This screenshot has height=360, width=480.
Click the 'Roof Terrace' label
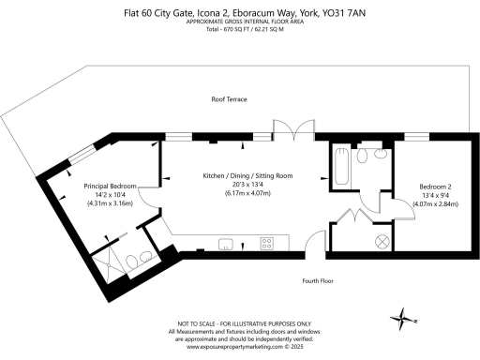pyautogui.click(x=229, y=98)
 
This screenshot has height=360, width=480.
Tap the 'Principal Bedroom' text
pyautogui.click(x=111, y=186)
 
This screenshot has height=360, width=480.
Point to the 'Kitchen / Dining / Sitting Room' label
pyautogui.click(x=241, y=175)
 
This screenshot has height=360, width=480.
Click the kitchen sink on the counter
pyautogui.click(x=226, y=244)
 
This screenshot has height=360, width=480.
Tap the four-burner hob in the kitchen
pyautogui.click(x=266, y=244)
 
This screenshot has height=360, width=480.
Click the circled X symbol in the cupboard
pyautogui.click(x=382, y=240)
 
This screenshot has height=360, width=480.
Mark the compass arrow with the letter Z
pyautogui.click(x=407, y=322)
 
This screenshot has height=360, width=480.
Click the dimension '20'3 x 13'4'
pyautogui.click(x=241, y=184)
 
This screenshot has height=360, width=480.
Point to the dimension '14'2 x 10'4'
pyautogui.click(x=111, y=194)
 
